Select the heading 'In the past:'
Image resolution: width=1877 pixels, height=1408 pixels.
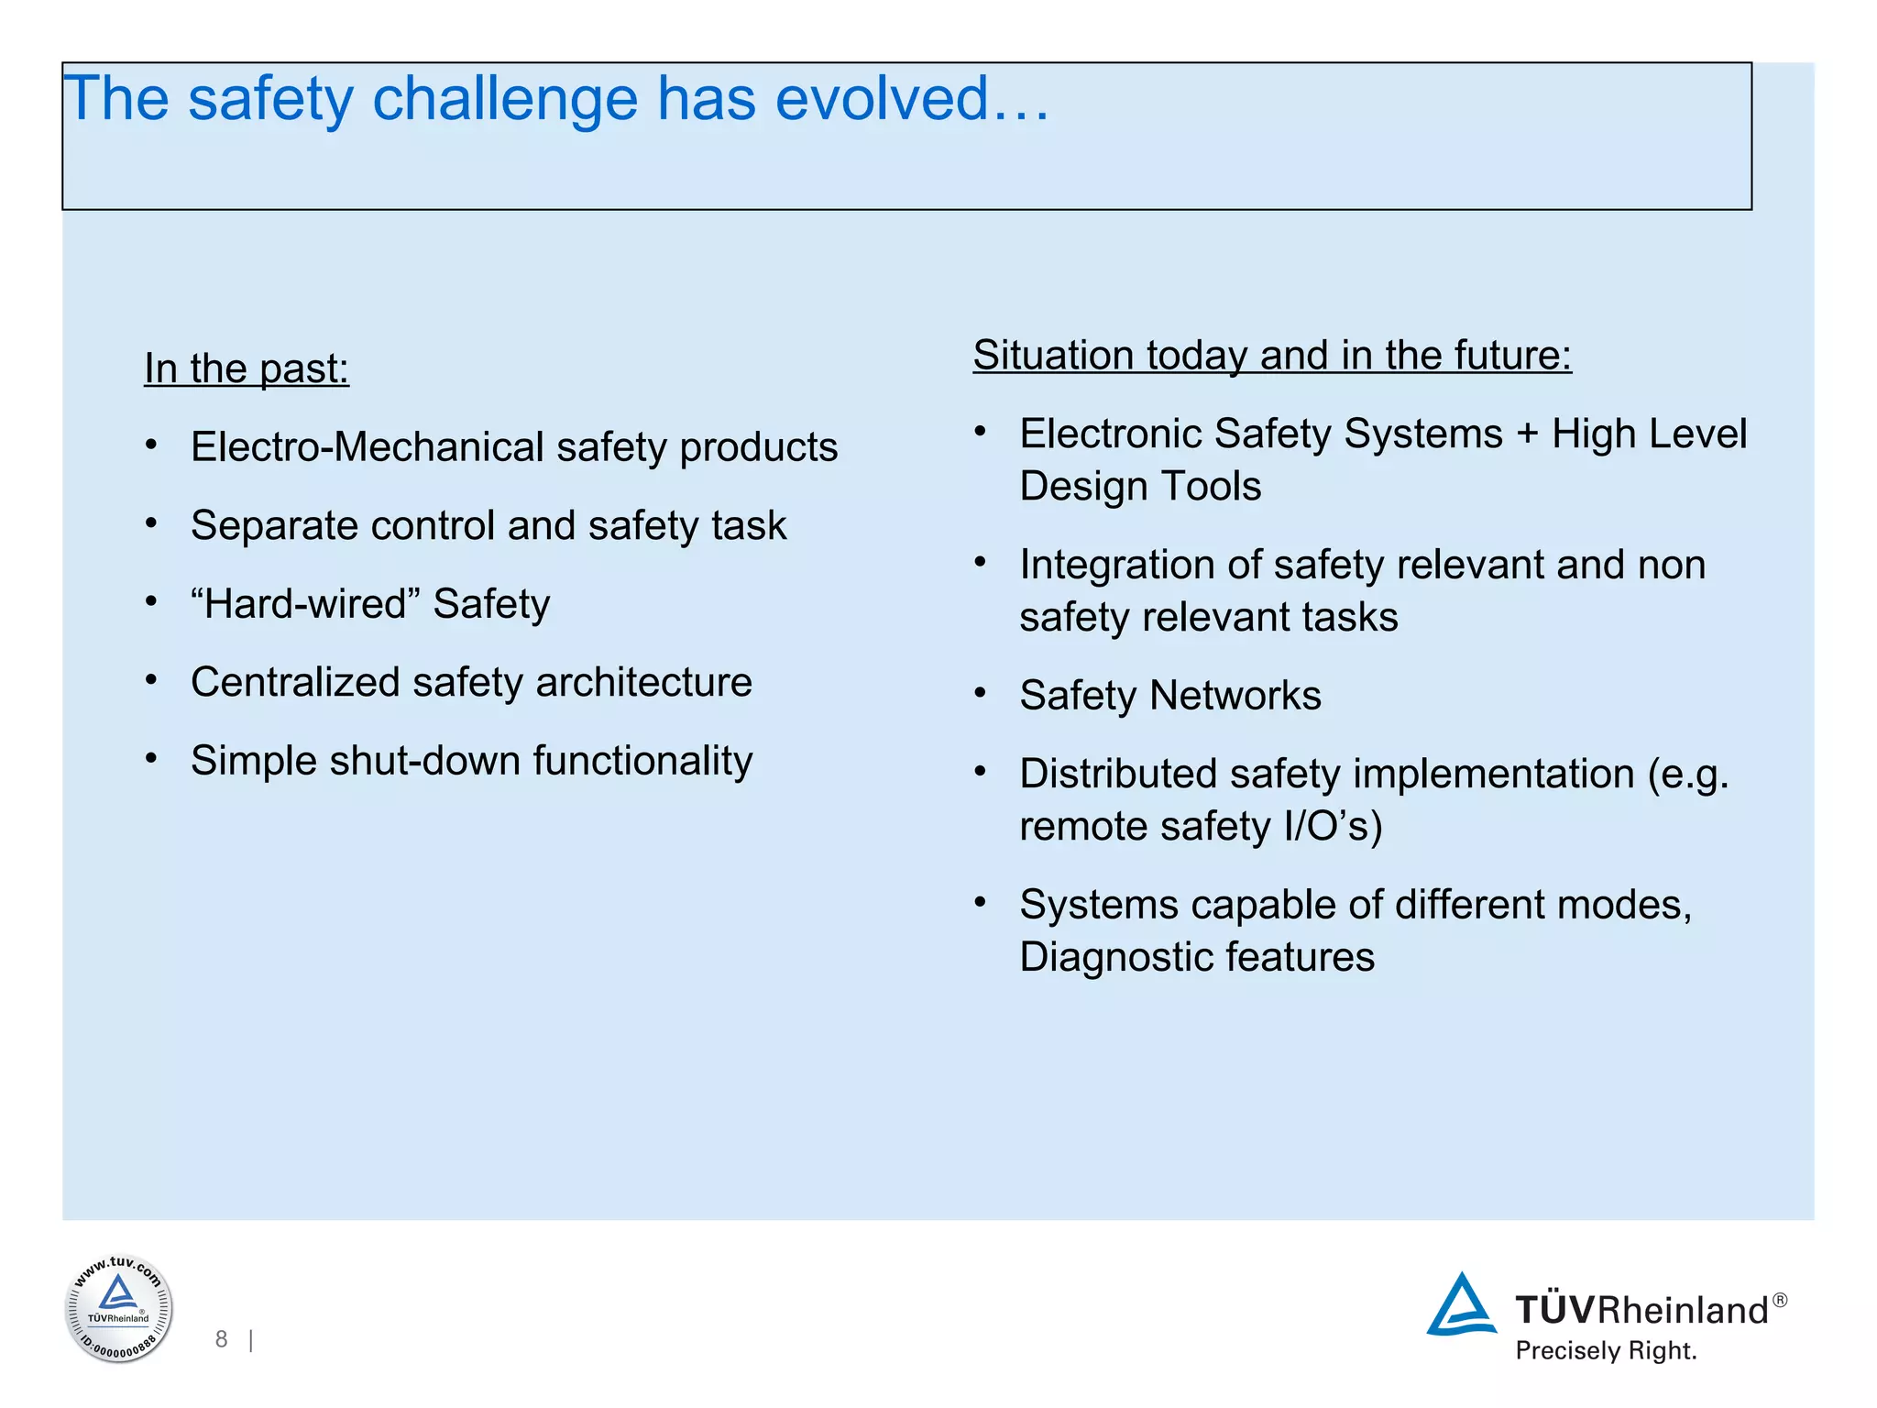(247, 368)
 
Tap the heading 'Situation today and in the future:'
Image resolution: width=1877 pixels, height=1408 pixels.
(1272, 355)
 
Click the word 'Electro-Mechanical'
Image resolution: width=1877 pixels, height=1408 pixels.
(368, 447)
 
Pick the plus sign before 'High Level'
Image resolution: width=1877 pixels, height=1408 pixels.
(1527, 434)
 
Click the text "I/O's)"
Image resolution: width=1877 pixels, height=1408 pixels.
(1333, 827)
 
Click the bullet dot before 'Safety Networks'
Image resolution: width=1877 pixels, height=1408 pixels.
(981, 694)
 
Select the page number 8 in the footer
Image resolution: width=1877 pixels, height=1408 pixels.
(221, 1339)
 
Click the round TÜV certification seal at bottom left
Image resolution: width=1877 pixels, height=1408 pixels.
(118, 1308)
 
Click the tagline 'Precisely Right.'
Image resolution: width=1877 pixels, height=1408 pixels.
(1606, 1351)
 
